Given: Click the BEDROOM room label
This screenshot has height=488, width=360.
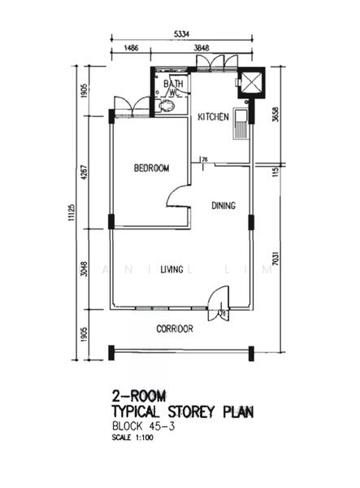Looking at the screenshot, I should [151, 168].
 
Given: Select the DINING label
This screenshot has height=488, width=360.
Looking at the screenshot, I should [223, 206].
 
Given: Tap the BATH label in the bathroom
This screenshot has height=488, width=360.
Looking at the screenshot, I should [173, 84].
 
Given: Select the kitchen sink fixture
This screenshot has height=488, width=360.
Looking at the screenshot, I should [241, 126].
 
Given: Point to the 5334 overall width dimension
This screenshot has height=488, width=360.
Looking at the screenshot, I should [183, 34].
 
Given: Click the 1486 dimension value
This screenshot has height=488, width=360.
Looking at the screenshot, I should [131, 50].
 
